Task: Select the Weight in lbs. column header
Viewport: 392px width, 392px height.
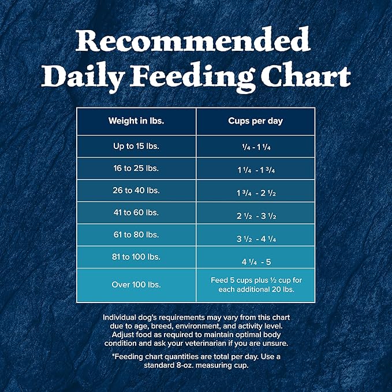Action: pyautogui.click(x=136, y=121)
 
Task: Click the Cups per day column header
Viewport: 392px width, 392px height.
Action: pyautogui.click(x=256, y=121)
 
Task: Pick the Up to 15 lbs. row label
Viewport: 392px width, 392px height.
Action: pyautogui.click(x=136, y=146)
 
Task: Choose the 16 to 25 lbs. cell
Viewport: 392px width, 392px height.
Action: pyautogui.click(x=136, y=169)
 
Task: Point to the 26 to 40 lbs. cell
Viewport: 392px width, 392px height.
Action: pyautogui.click(x=136, y=191)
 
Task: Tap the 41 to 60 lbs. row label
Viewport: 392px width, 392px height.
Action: pyautogui.click(x=136, y=212)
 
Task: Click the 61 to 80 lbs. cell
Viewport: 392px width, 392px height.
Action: pyautogui.click(x=136, y=235)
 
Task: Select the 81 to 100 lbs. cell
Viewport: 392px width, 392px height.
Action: pyautogui.click(x=136, y=257)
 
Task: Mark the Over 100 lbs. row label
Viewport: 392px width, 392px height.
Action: pyautogui.click(x=136, y=285)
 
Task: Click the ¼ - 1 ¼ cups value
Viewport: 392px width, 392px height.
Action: pyautogui.click(x=256, y=147)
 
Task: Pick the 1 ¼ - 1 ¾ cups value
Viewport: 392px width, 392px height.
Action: pyautogui.click(x=256, y=170)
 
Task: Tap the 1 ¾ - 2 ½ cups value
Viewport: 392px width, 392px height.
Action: pyautogui.click(x=256, y=192)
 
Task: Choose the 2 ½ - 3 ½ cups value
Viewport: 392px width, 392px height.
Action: pyautogui.click(x=256, y=216)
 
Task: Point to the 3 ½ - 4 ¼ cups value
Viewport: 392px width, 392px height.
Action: pyautogui.click(x=256, y=238)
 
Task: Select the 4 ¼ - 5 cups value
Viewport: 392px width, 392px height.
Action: pyautogui.click(x=256, y=260)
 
